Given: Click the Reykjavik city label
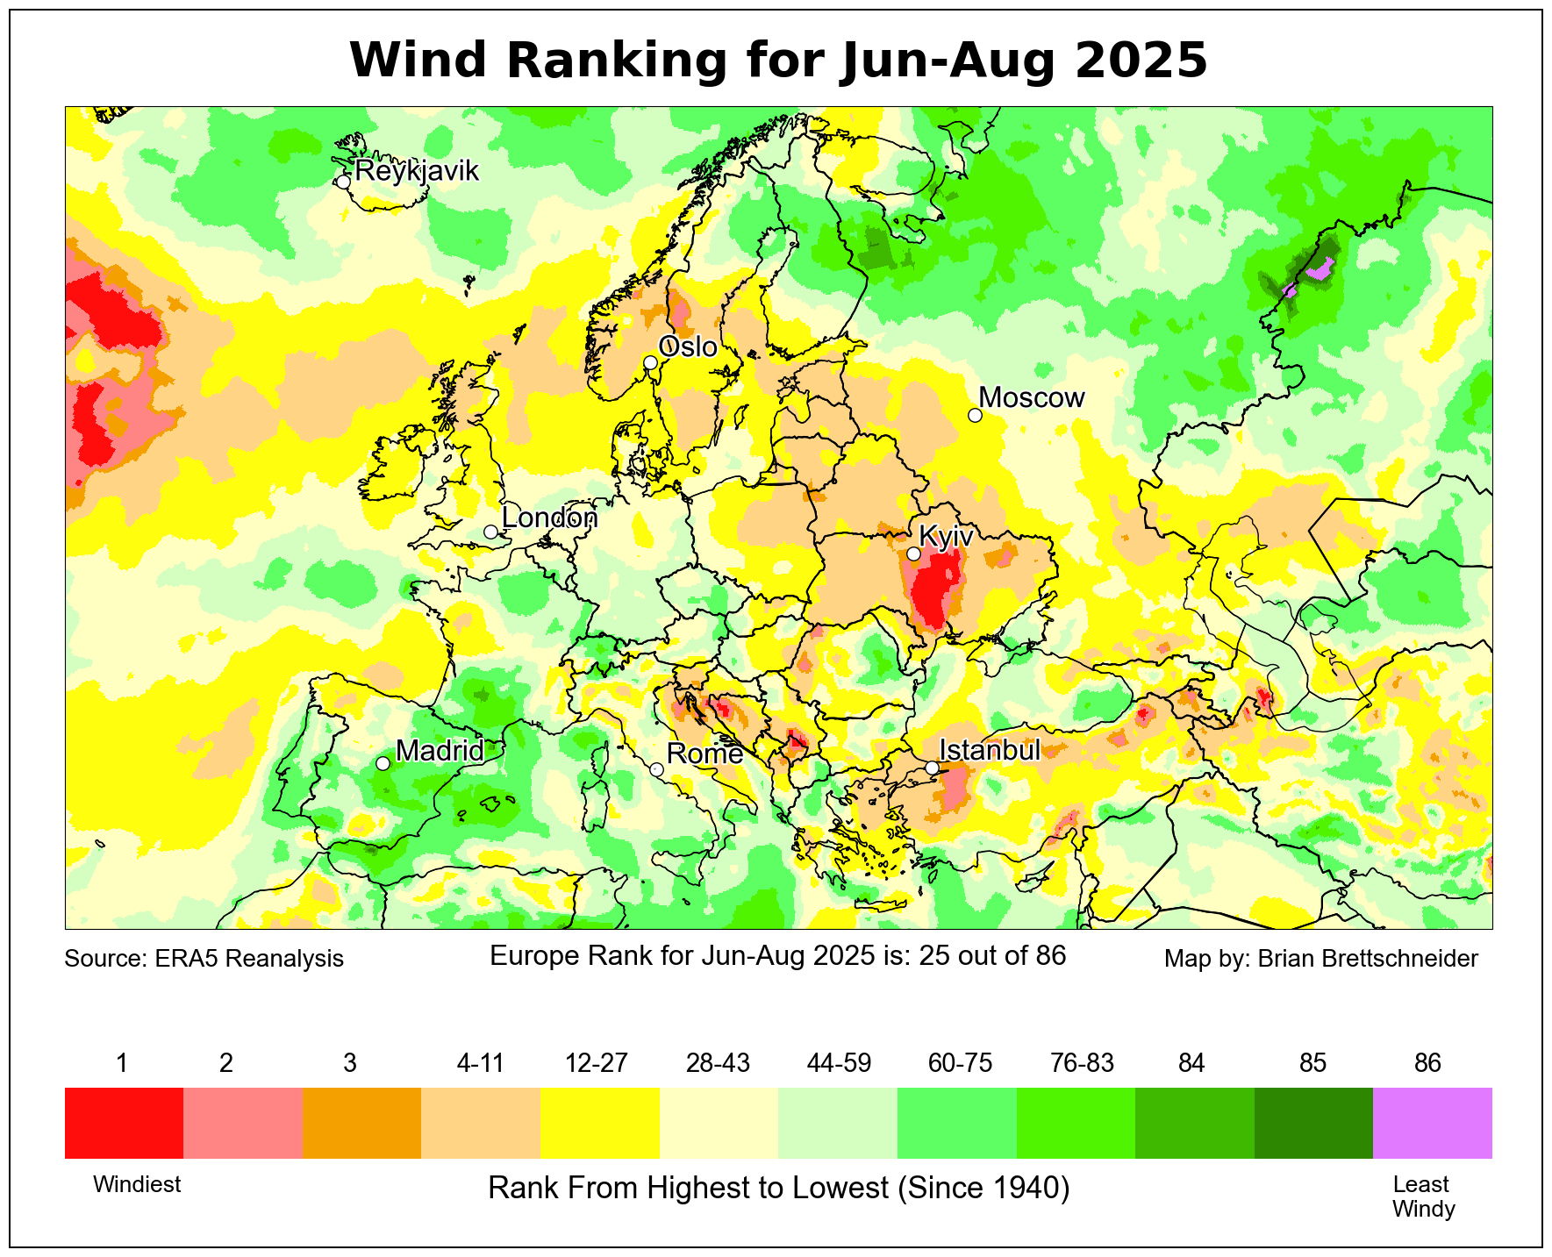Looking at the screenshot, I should coord(417,170).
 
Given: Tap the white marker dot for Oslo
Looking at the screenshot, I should coord(650,363).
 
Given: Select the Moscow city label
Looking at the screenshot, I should coord(1032,397).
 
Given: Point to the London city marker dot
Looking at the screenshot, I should coord(490,532).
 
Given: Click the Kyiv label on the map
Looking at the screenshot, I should coord(946,536).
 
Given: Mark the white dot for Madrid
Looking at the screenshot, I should coord(383,763).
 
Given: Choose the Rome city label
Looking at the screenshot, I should coord(704,753).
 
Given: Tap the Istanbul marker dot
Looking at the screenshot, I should coord(932,768).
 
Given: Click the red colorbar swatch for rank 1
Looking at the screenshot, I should coord(124,1123).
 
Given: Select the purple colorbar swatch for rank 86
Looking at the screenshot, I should coord(1432,1123).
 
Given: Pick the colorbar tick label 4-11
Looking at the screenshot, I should coord(480,1063).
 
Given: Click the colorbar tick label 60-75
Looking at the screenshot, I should coord(960,1063).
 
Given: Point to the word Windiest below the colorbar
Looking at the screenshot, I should coord(137,1184).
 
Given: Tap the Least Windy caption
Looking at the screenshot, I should coord(1423,1196).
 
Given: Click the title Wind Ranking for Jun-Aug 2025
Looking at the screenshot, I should coord(778,60).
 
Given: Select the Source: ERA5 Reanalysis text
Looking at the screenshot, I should coord(204,958).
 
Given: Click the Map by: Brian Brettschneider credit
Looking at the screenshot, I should coord(1320,958).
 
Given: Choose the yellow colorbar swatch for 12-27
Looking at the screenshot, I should coord(599,1123).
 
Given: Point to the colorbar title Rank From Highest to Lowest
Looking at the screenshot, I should coord(778,1188).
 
